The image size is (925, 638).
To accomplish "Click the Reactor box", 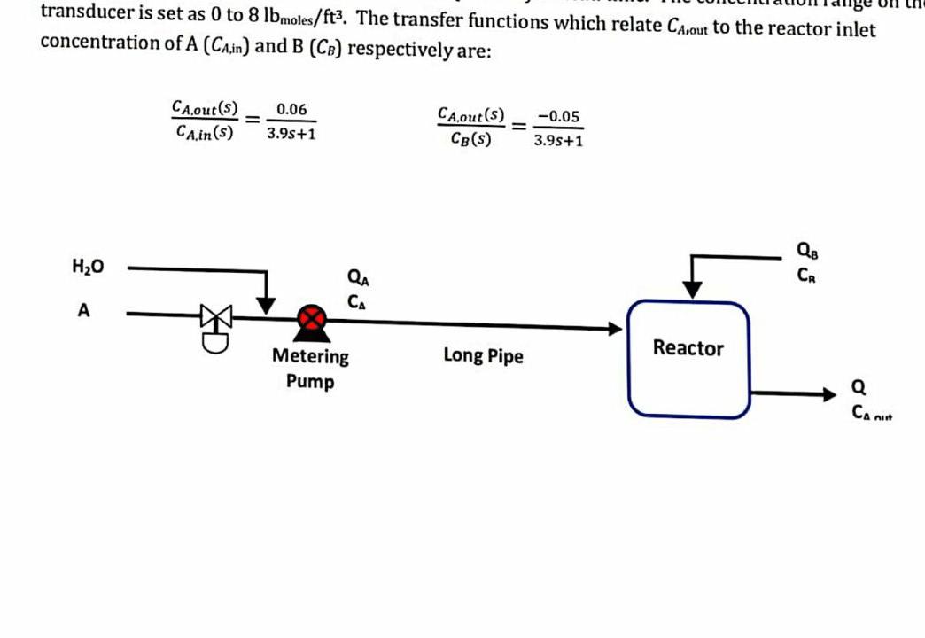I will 688,358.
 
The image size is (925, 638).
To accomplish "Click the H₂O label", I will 88,266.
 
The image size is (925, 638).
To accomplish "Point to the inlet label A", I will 84,311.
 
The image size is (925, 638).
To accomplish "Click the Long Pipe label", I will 483,356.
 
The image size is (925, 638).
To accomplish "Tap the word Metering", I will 310,357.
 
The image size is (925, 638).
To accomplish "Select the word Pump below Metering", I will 310,382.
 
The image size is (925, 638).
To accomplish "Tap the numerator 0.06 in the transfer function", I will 291,110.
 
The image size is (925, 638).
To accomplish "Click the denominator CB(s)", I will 470,139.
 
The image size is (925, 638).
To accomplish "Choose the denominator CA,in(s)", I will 205,133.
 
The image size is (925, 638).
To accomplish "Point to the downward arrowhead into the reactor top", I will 692,289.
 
